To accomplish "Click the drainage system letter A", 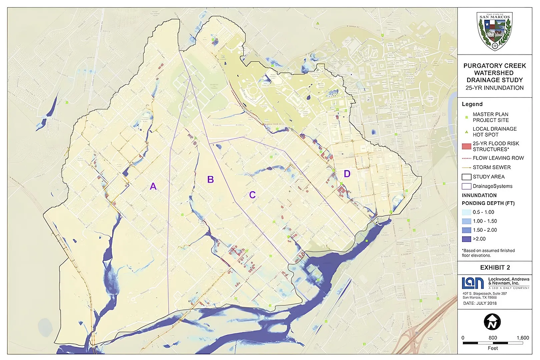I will pyautogui.click(x=153, y=186).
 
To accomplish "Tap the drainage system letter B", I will pyautogui.click(x=210, y=180).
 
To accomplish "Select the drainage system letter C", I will pyautogui.click(x=252, y=195).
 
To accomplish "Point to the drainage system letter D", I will pyautogui.click(x=347, y=174).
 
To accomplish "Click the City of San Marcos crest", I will pyautogui.click(x=494, y=31).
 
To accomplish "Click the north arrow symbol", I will pyautogui.click(x=492, y=322).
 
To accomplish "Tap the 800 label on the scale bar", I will pyautogui.click(x=493, y=338).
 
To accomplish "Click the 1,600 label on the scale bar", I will pyautogui.click(x=522, y=338).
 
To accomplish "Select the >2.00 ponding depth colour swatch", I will pyautogui.click(x=466, y=239).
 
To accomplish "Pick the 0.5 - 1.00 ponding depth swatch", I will pyautogui.click(x=466, y=212).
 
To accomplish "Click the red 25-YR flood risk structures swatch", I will pyautogui.click(x=466, y=146).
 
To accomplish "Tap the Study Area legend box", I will pyautogui.click(x=466, y=177).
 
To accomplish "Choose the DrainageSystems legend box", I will pyautogui.click(x=466, y=186).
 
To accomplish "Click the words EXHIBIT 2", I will pyautogui.click(x=495, y=268).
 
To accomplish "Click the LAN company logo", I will pyautogui.click(x=473, y=283).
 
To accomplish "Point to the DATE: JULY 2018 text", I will pyautogui.click(x=480, y=303).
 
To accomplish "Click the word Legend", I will pyautogui.click(x=472, y=104).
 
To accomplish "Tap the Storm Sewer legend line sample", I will pyautogui.click(x=466, y=167).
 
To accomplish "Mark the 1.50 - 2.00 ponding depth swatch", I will pyautogui.click(x=466, y=230).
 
